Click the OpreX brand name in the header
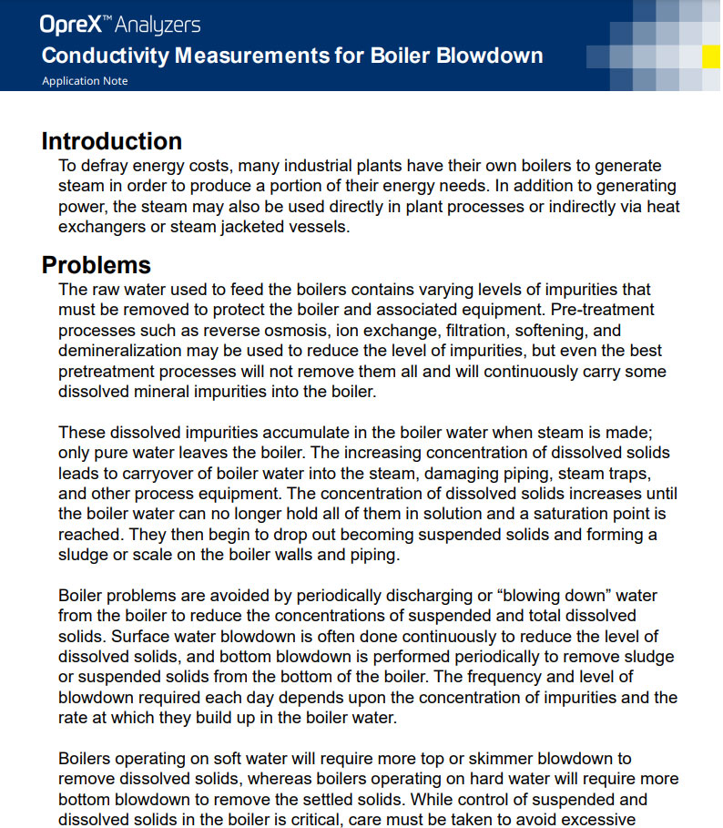pos(68,25)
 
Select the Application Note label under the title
pos(85,81)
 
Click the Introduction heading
pos(112,141)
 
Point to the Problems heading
pos(96,265)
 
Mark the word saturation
pos(540,514)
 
